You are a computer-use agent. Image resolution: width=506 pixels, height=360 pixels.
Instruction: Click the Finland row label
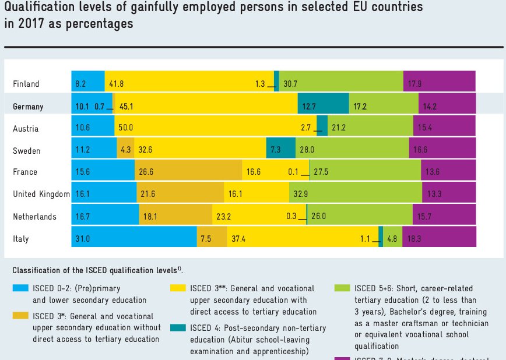click(26, 84)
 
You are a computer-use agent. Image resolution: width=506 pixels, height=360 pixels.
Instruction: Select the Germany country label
click(28, 107)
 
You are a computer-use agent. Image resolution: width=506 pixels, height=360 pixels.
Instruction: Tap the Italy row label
click(21, 239)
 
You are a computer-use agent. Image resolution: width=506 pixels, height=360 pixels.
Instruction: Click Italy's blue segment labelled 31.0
click(134, 237)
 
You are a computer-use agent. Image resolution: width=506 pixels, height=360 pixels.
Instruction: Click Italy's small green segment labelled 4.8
click(392, 237)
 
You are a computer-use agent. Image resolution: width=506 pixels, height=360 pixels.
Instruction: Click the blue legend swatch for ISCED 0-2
click(20, 288)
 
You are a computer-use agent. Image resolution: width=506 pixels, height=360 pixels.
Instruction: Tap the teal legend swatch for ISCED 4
click(178, 327)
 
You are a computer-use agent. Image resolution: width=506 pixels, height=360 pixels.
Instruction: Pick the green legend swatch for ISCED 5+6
click(342, 288)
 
